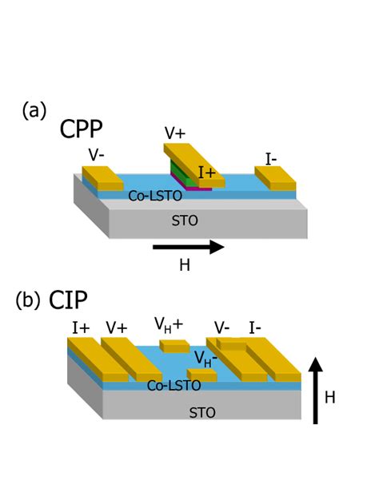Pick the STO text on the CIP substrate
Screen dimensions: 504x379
[x=201, y=412]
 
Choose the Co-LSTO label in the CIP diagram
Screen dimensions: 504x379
[x=174, y=386]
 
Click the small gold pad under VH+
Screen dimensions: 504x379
[x=174, y=346]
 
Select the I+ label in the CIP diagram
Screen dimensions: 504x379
[x=80, y=327]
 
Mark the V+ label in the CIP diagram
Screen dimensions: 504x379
[x=117, y=327]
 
